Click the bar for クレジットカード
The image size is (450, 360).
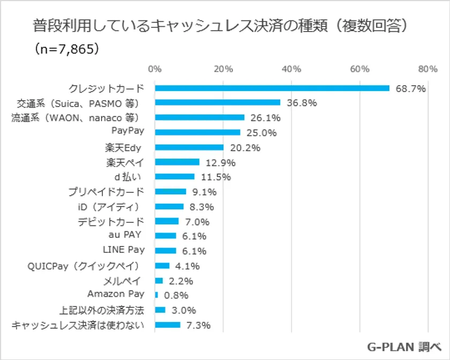coord(272,88)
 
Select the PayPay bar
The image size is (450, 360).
coord(198,132)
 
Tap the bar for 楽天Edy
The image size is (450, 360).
coord(189,147)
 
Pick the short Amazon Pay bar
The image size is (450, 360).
coord(156,295)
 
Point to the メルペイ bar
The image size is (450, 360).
coord(159,280)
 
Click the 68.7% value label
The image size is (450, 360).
coord(410,88)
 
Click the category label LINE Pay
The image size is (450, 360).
coord(123,250)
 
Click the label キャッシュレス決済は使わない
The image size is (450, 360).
coord(78,324)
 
